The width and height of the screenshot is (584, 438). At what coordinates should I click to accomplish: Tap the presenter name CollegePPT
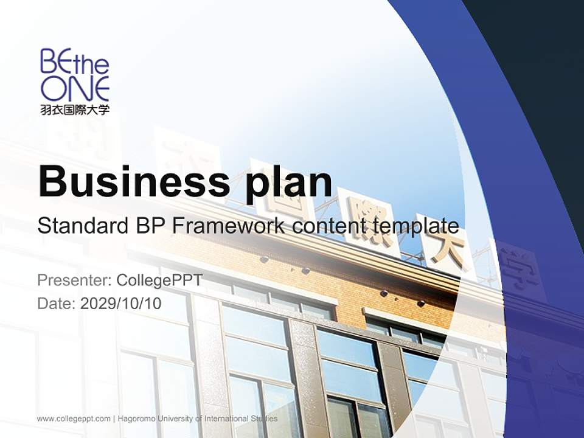click(159, 280)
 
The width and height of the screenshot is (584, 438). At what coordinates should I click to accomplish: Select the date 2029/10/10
click(121, 303)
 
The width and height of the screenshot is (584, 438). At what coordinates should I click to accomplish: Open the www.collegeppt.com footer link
click(74, 419)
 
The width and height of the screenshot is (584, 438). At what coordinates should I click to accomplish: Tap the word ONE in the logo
click(75, 88)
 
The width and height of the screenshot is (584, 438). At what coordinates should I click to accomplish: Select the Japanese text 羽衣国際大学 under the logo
click(75, 110)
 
